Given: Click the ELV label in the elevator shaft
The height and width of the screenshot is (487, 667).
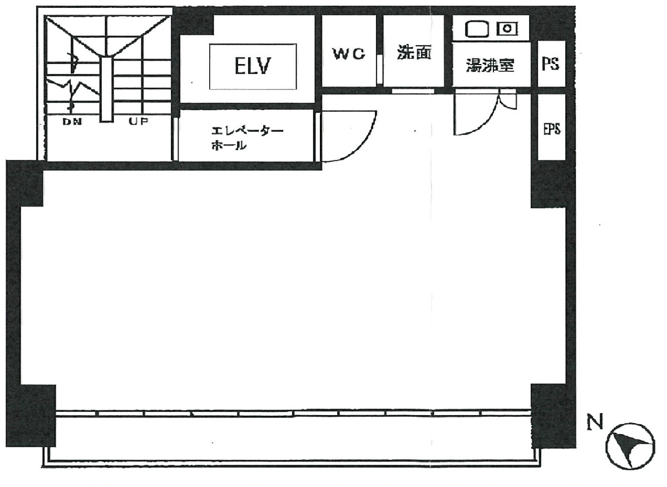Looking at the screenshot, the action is pos(253,66).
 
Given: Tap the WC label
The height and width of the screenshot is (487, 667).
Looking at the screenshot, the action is pos(349,53).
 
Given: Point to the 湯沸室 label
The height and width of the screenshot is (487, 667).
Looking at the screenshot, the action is pos(490,65).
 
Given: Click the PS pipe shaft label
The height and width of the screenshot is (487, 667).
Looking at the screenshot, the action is pos(550,64).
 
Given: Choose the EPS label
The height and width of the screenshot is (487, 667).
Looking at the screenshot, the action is pos(552,129).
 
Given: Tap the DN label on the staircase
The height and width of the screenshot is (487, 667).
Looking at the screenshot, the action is pos(72,122).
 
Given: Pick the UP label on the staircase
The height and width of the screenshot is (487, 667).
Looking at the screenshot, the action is pos(139,121).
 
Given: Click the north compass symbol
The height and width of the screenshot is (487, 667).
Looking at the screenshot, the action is pos(630,446).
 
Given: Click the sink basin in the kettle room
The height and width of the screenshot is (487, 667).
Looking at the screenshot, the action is pos(477,29).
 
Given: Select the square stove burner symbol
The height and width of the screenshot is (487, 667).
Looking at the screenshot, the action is pos(507,29).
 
